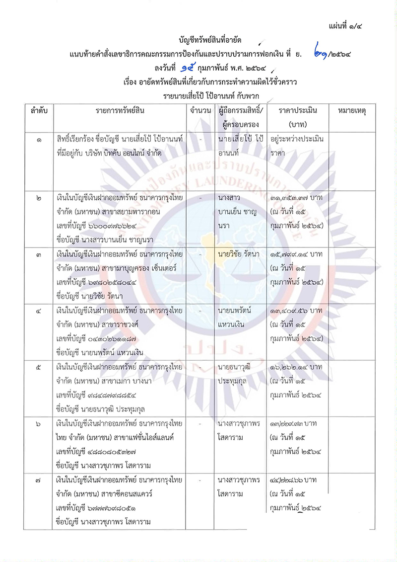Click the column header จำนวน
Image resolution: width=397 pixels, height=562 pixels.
[x=200, y=110]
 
